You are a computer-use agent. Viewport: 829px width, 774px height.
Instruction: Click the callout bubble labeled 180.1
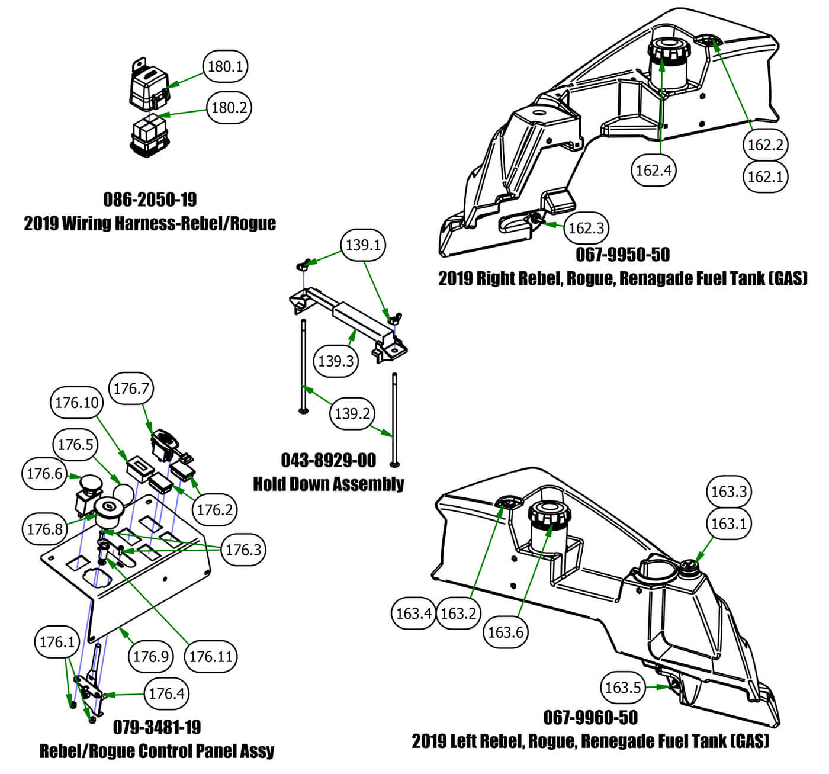225,66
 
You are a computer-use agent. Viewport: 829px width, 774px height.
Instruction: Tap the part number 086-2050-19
150,199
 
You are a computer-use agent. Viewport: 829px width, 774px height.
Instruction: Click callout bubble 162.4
653,171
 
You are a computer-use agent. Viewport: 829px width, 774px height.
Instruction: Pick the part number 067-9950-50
623,255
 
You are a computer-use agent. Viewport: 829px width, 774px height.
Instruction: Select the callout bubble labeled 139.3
336,361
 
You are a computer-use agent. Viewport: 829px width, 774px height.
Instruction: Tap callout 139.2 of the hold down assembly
352,413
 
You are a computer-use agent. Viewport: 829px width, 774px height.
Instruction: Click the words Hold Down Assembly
329,484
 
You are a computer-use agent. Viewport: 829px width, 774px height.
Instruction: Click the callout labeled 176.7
132,389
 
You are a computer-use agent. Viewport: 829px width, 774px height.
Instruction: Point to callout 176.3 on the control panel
243,550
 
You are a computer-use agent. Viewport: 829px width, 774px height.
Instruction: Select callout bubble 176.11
210,656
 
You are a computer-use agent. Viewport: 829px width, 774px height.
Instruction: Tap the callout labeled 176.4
166,693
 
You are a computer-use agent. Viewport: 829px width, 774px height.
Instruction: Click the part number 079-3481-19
157,727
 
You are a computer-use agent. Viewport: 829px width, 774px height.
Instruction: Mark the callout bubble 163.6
505,632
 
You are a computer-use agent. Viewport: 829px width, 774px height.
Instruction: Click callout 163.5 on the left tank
622,687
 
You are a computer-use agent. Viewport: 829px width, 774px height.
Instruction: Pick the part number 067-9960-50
590,718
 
